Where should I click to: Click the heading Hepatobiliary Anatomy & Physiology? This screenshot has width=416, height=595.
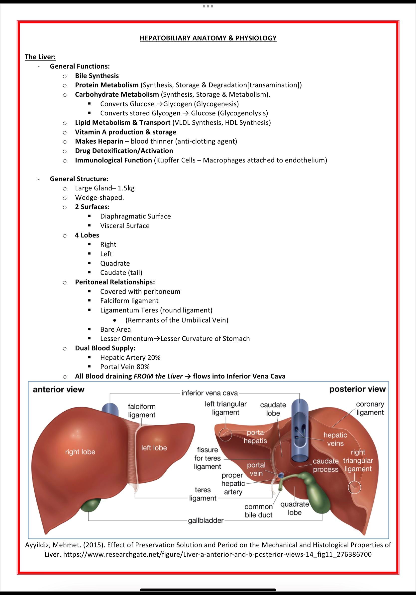coord(208,38)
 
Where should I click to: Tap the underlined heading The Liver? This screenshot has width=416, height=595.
coord(40,57)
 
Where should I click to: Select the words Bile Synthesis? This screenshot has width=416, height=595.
coord(97,76)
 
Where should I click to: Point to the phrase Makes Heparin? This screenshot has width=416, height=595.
coord(99,141)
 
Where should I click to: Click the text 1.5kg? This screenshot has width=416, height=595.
coord(126,188)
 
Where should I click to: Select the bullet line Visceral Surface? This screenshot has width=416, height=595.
coord(125,226)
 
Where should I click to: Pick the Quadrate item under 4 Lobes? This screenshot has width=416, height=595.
coord(115,263)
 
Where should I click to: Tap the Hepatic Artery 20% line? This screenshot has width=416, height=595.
coord(130,357)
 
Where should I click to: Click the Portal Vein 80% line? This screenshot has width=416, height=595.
coord(125,367)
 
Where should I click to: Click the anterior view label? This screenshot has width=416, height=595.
coord(59,389)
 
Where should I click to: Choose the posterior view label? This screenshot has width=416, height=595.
coord(357,389)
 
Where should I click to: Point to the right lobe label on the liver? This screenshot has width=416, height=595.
coord(80,452)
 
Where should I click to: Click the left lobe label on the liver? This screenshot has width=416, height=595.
coord(154,448)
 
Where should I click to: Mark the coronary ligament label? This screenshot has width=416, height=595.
coord(370,408)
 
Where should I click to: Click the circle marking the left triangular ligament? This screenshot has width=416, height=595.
coord(225,435)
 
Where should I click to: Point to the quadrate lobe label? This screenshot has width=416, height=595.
coord(295,508)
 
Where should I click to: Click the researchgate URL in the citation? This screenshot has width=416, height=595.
coord(217,554)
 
